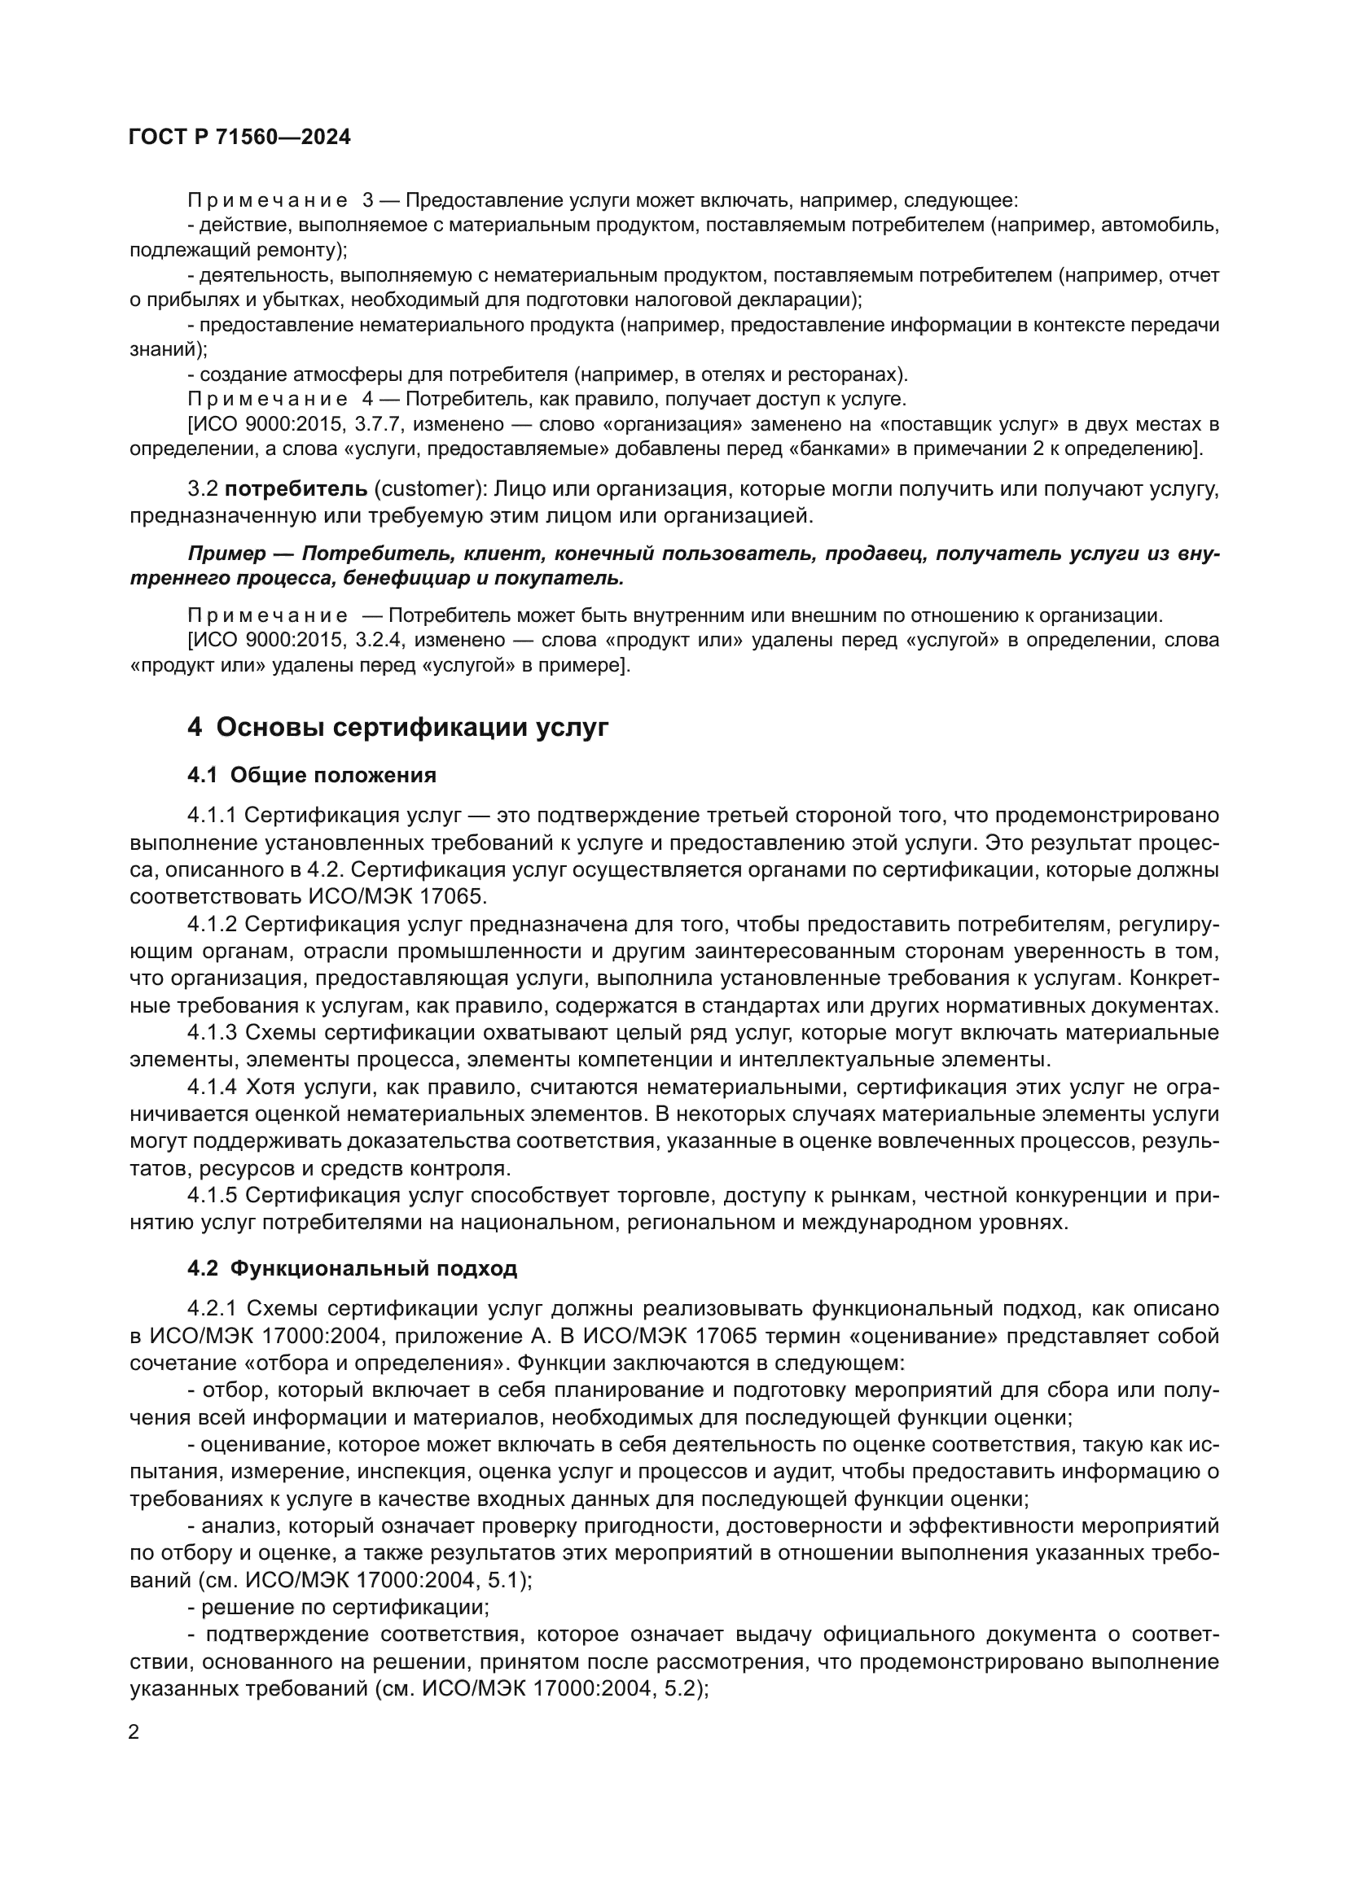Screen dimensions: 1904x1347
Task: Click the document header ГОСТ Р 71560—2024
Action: pyautogui.click(x=239, y=137)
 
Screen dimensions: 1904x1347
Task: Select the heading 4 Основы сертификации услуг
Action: pyautogui.click(x=398, y=727)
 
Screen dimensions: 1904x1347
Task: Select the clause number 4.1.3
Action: pyautogui.click(x=213, y=1032)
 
